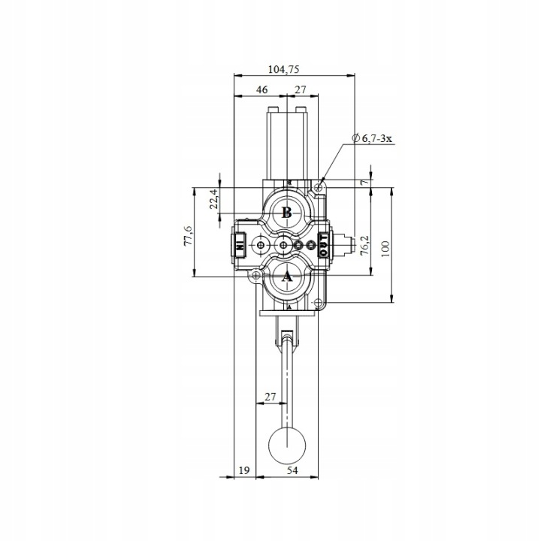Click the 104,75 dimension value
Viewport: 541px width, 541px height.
point(283,69)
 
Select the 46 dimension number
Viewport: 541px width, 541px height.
point(262,89)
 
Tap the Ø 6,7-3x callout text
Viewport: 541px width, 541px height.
point(372,139)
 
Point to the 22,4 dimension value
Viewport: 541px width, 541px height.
point(214,199)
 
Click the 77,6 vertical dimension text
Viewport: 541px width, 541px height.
point(188,236)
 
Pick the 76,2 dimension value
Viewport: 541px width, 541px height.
point(364,245)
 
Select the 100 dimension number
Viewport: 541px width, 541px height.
point(385,249)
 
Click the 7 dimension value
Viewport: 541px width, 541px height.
point(364,182)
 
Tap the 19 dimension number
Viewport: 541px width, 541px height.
point(244,470)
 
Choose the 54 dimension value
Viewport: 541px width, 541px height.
point(292,470)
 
